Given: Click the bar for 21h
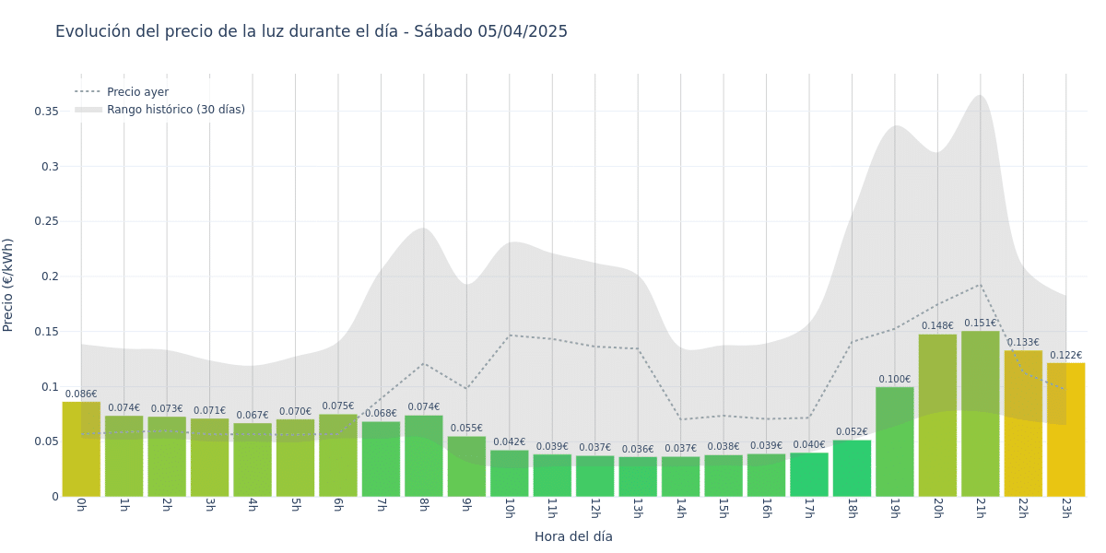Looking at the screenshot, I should click(x=981, y=414).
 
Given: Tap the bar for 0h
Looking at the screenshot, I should click(x=81, y=449).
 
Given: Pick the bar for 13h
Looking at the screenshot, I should click(x=638, y=477).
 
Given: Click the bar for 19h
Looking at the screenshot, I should click(x=895, y=441).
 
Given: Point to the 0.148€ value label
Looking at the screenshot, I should click(x=937, y=326).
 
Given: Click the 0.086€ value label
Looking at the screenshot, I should click(x=81, y=394).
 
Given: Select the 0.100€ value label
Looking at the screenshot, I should click(x=895, y=380).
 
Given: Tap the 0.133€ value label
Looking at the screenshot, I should click(x=1023, y=343).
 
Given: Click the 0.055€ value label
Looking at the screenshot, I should click(x=466, y=429).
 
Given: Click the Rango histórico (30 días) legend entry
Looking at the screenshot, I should click(x=175, y=110).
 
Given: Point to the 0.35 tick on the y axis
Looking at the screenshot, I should click(x=46, y=112).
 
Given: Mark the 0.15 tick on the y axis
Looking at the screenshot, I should click(x=46, y=332).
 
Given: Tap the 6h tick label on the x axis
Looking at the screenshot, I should click(x=337, y=508).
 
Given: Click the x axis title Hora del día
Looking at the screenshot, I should click(x=573, y=536).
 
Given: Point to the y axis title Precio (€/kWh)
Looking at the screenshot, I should click(x=8, y=285).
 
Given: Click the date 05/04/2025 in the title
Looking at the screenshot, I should click(x=523, y=32).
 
